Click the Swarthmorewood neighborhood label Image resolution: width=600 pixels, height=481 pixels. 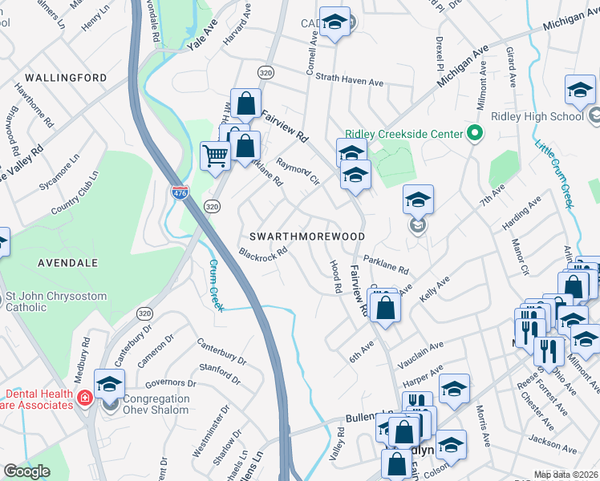pyautogui.click(x=307, y=237)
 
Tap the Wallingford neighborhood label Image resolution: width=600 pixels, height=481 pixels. pyautogui.click(x=66, y=78)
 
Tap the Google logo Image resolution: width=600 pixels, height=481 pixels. pyautogui.click(x=26, y=471)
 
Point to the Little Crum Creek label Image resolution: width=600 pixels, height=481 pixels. pyautogui.click(x=555, y=176)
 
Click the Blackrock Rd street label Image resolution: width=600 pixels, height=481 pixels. pyautogui.click(x=262, y=257)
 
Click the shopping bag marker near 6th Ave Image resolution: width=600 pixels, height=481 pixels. pyautogui.click(x=385, y=307)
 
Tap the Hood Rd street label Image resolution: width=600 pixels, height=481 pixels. pyautogui.click(x=336, y=276)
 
